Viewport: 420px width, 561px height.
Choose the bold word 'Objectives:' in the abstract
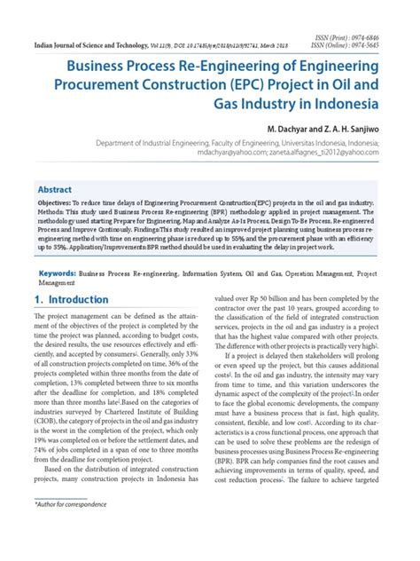pyautogui.click(x=58, y=203)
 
